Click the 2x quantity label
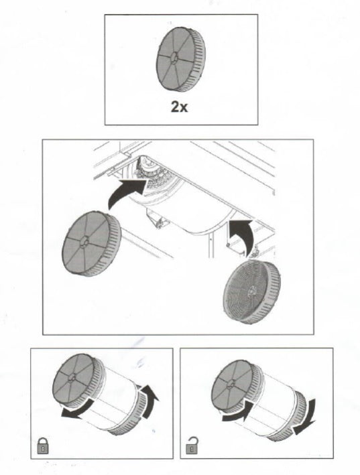click(180, 107)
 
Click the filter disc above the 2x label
click(181, 59)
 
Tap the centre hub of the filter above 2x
click(174, 58)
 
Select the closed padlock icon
click(42, 446)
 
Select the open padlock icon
click(191, 445)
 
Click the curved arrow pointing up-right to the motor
click(127, 193)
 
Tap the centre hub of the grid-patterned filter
click(251, 291)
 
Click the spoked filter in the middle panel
click(92, 244)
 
